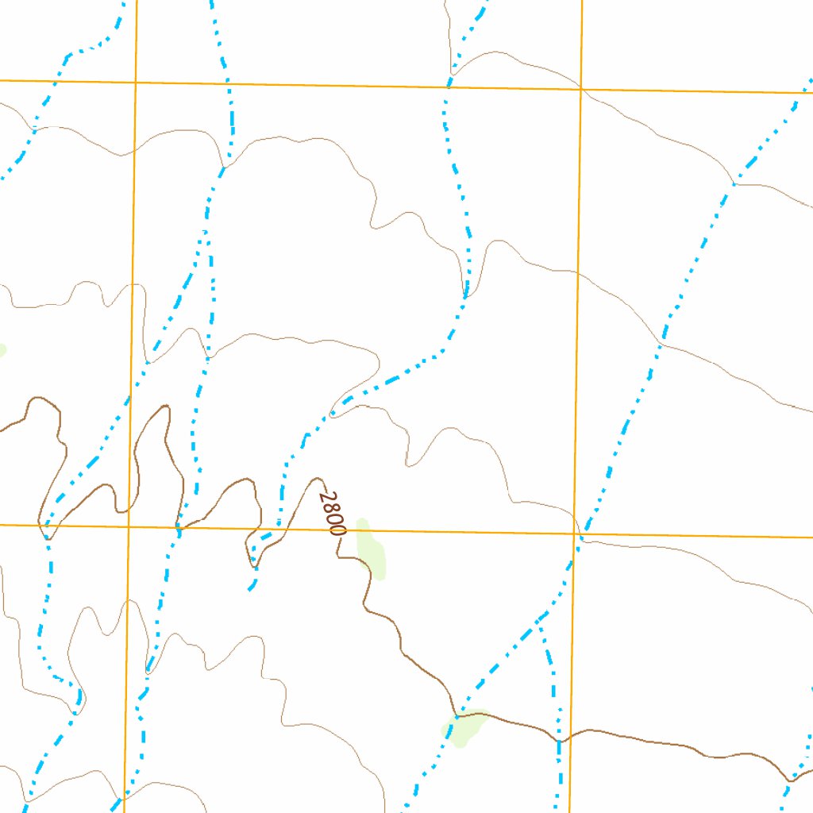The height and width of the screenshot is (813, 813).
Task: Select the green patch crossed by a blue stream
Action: click(x=463, y=726)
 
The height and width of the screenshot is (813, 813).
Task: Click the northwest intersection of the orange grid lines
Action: click(x=136, y=82)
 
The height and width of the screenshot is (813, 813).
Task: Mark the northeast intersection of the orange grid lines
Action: click(x=581, y=88)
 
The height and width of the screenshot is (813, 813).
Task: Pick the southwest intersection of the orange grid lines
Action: click(x=128, y=526)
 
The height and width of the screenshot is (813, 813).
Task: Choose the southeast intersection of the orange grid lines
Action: click(x=575, y=534)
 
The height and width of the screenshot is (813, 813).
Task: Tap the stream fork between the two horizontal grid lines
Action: click(x=206, y=231)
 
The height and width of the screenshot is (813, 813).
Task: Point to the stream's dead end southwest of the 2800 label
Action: click(x=250, y=590)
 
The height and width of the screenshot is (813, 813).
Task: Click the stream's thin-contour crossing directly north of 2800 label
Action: click(x=333, y=414)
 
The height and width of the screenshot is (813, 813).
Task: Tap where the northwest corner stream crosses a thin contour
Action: click(x=34, y=127)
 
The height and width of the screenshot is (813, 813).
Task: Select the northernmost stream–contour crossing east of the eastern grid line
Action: click(x=733, y=184)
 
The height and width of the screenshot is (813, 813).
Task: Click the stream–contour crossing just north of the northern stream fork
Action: click(x=225, y=168)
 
